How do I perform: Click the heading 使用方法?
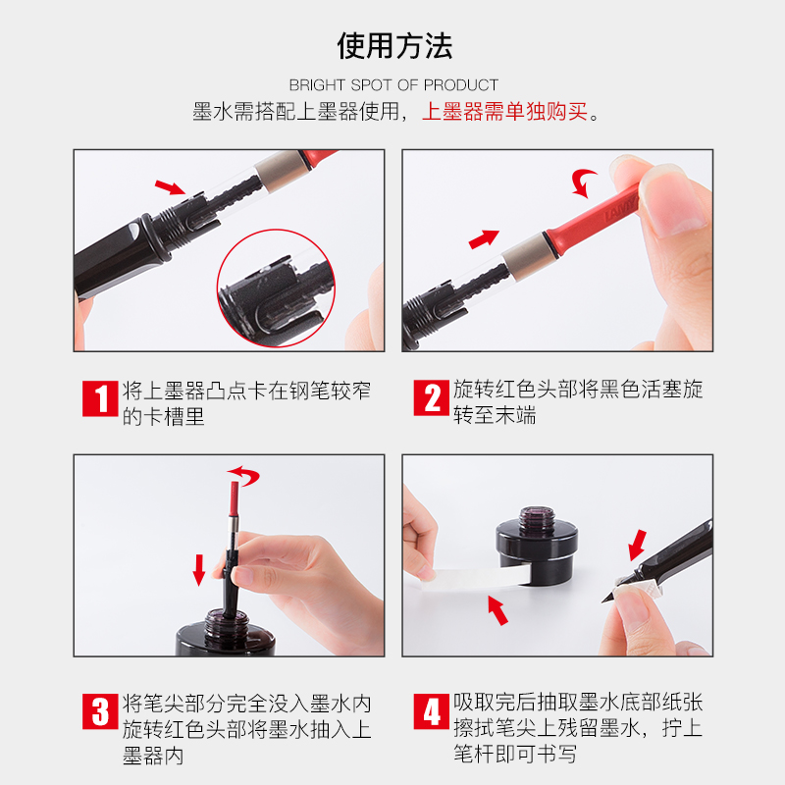(x=394, y=46)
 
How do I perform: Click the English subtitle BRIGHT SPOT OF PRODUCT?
(x=393, y=85)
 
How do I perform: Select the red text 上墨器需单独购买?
(x=504, y=111)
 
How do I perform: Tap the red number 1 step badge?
(x=100, y=398)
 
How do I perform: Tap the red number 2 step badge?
(x=431, y=398)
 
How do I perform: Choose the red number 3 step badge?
(x=100, y=711)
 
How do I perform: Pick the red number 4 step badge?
(x=431, y=711)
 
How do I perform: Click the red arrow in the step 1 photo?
(x=170, y=187)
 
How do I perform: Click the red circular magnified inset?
(x=276, y=288)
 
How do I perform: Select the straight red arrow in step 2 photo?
(x=484, y=239)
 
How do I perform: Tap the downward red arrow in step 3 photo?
(x=199, y=570)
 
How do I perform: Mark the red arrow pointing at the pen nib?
(x=637, y=545)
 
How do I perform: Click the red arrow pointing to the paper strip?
(x=497, y=610)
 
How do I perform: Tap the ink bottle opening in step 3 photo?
(x=226, y=615)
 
